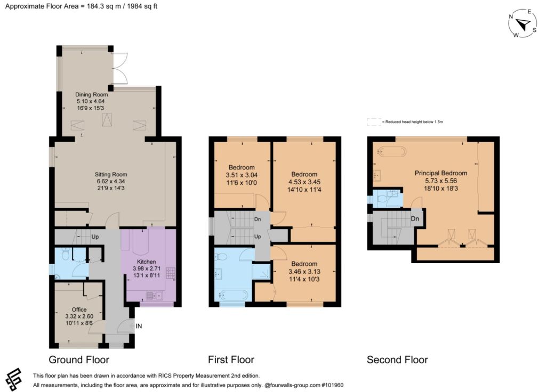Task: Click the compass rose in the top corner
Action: click(x=523, y=23)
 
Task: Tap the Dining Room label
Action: click(x=92, y=94)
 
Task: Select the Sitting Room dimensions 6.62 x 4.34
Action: click(x=111, y=181)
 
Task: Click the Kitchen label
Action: click(x=146, y=262)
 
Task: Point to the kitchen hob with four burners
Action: click(x=171, y=272)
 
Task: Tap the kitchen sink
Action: click(x=154, y=296)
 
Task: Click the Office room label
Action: click(x=79, y=309)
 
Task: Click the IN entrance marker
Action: click(x=139, y=326)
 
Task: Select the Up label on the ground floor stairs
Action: click(x=95, y=237)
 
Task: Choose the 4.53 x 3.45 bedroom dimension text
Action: click(x=304, y=182)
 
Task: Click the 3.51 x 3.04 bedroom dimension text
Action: click(x=242, y=175)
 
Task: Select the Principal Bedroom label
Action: click(x=441, y=173)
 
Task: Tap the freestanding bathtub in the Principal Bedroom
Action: click(x=392, y=152)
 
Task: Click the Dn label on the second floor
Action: click(x=415, y=219)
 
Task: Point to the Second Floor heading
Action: click(x=397, y=360)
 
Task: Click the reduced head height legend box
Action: click(x=374, y=122)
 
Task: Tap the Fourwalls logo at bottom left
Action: click(x=13, y=379)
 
